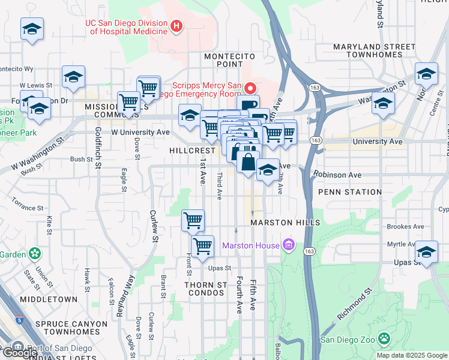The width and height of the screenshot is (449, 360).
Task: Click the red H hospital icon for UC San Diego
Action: click(176, 26)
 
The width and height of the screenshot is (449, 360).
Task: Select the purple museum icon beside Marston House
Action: click(289, 245)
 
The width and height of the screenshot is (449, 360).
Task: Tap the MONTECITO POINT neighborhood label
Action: click(230, 56)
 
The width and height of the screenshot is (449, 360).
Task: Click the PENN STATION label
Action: click(349, 192)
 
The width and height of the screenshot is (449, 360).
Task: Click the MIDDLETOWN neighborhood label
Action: click(48, 299)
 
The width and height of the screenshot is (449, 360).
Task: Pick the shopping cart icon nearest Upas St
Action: click(202, 246)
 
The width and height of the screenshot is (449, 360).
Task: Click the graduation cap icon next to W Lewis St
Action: click(73, 77)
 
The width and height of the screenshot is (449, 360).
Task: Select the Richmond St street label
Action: click(354, 305)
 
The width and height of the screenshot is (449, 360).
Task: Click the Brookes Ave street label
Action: click(406, 227)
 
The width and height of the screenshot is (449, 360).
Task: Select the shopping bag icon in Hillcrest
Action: click(248, 161)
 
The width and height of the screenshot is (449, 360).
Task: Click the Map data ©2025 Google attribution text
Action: click(412, 355)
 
